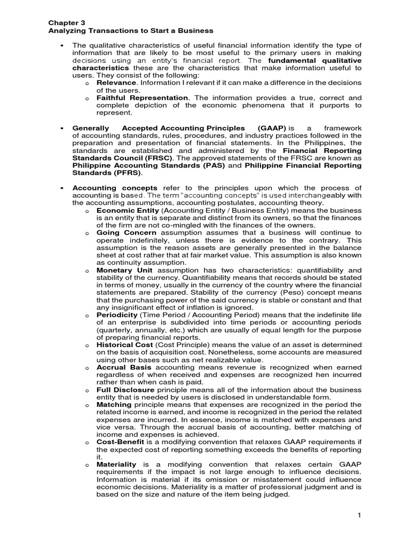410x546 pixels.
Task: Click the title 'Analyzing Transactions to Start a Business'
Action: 131,31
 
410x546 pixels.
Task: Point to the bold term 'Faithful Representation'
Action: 142,98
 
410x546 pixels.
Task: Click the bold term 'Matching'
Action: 114,405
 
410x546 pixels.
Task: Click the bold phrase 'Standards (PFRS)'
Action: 107,173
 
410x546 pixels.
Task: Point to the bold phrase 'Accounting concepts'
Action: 115,188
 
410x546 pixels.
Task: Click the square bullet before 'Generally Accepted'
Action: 62,129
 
